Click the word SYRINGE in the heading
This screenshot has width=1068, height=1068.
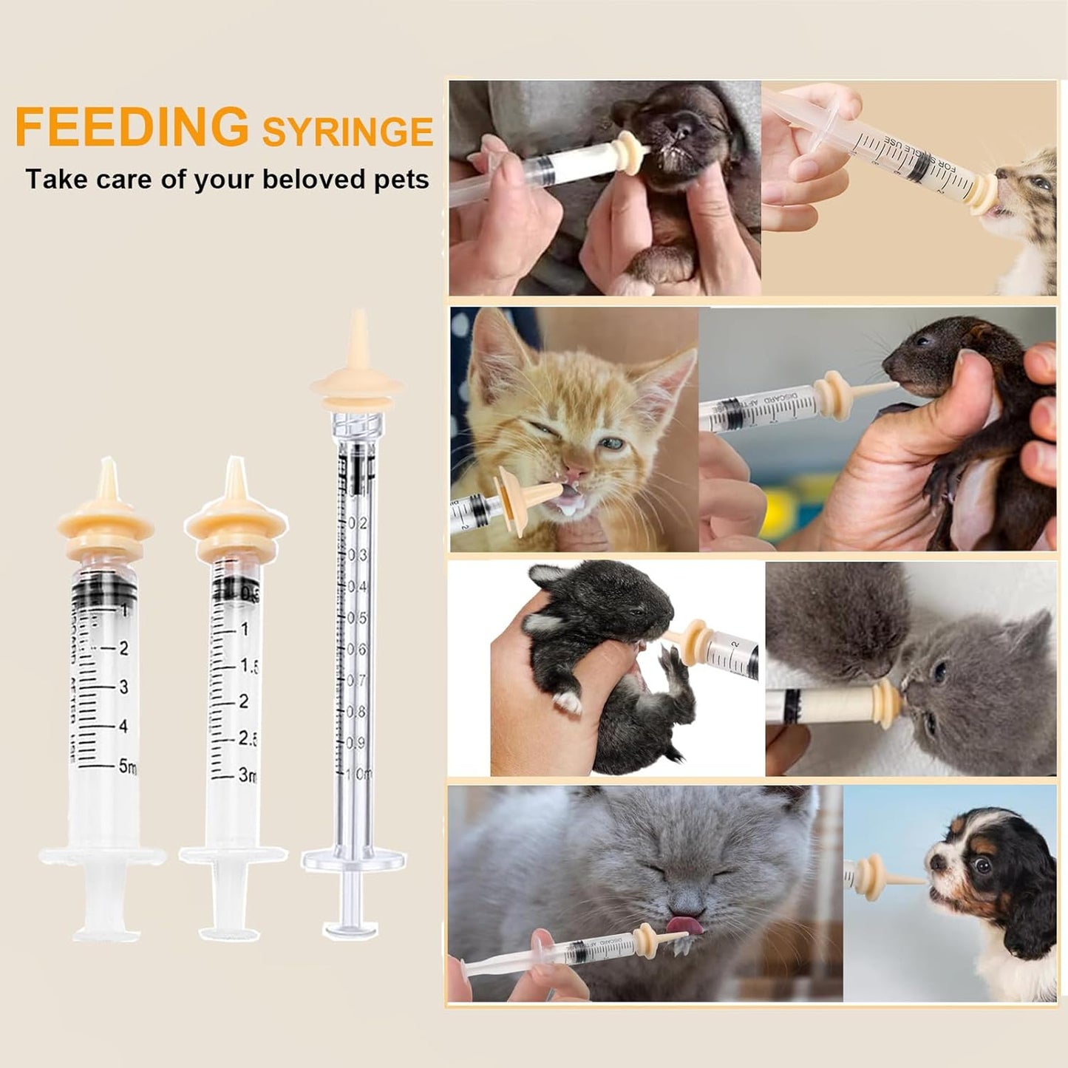tap(347, 132)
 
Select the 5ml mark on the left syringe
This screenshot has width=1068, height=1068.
tap(127, 766)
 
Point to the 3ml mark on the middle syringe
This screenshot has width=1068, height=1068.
tap(247, 775)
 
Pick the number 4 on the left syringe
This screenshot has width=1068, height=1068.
tap(123, 727)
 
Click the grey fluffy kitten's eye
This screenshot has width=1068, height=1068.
tap(939, 671)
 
